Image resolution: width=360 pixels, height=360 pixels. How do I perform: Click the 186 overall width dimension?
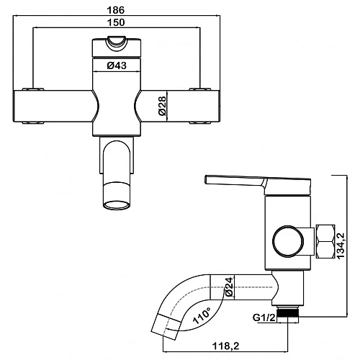click(x=116, y=10)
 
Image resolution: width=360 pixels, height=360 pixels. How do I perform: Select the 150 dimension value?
click(x=116, y=22)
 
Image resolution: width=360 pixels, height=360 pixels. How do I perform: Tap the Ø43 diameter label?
click(x=117, y=66)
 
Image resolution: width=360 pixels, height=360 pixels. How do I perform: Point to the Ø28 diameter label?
click(x=162, y=106)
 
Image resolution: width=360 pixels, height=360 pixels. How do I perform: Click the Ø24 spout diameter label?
click(x=229, y=287)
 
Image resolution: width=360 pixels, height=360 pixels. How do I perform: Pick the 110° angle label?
click(x=202, y=315)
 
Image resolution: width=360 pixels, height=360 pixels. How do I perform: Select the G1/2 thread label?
click(x=264, y=318)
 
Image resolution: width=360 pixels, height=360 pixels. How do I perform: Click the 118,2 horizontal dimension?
click(x=226, y=346)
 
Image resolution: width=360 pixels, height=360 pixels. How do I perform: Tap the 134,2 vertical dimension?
click(x=341, y=246)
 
